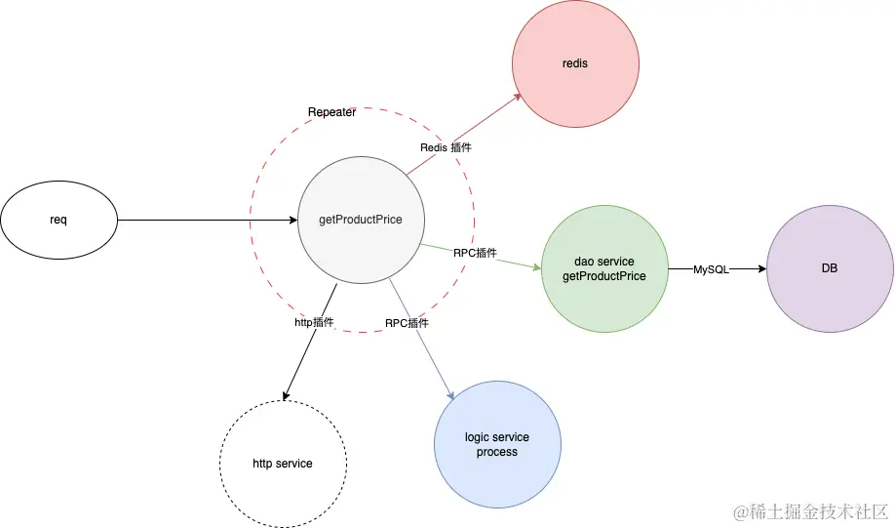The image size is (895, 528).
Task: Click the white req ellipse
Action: [x=58, y=220]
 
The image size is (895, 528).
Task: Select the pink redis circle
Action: [x=575, y=63]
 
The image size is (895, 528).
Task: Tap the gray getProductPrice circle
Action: [x=361, y=220]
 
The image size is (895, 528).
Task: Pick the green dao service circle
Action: [x=604, y=268]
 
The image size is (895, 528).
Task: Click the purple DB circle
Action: [x=831, y=268]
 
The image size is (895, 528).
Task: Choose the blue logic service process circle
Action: [x=497, y=444]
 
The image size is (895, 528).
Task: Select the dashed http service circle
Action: [x=283, y=463]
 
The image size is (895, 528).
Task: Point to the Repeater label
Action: [x=331, y=112]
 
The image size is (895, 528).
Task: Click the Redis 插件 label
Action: [x=446, y=147]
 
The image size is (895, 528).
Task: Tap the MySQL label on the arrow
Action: [x=711, y=268]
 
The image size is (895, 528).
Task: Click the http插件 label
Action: [x=315, y=321]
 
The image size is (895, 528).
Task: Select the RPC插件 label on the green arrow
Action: [x=475, y=252]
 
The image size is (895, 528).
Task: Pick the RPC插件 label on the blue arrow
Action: [x=407, y=322]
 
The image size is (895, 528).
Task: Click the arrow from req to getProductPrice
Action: [x=205, y=220]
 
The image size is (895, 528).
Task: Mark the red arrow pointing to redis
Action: [x=463, y=135]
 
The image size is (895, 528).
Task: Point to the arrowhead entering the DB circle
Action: [x=761, y=268]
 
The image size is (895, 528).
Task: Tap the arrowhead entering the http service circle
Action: [x=285, y=395]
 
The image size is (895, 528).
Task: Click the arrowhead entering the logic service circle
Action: [x=451, y=394]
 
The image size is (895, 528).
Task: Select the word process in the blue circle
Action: [x=497, y=452]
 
